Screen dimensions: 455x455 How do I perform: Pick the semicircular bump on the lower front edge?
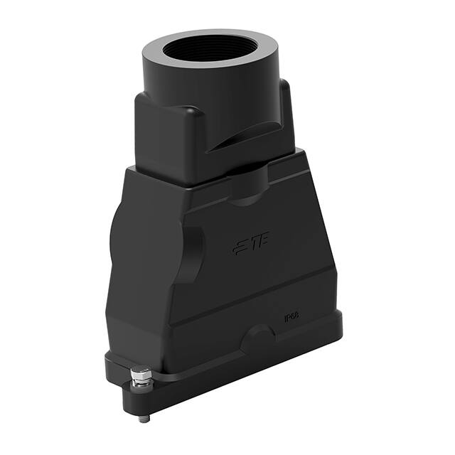pos(257,336)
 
